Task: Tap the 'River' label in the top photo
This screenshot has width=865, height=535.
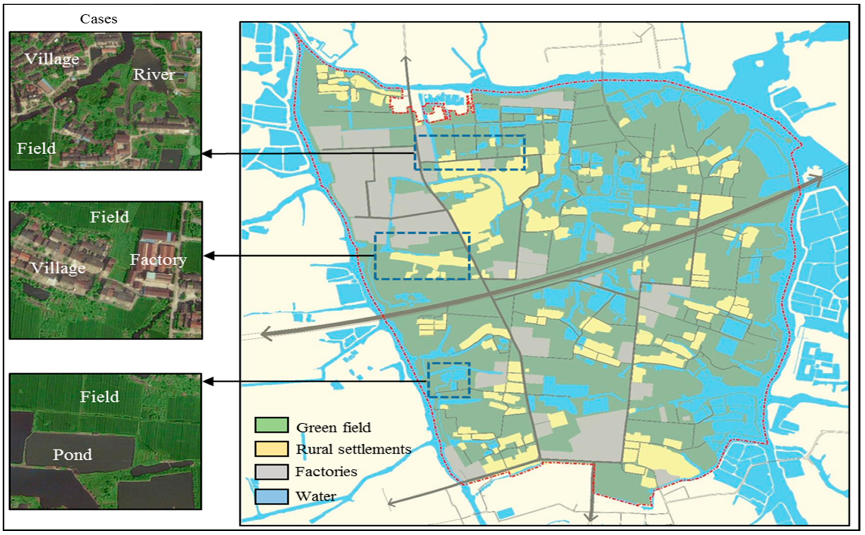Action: click(154, 74)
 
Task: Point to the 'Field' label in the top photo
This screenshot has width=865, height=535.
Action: click(36, 148)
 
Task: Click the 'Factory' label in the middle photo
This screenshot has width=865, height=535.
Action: click(158, 260)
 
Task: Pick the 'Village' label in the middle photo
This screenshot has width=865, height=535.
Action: click(58, 268)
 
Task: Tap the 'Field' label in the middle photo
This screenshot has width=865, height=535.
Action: click(109, 217)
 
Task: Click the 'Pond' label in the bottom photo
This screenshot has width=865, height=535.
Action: click(72, 454)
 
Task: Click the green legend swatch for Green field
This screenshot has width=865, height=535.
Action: click(271, 425)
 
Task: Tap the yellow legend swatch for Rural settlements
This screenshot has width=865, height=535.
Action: click(271, 449)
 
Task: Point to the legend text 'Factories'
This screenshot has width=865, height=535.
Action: click(326, 472)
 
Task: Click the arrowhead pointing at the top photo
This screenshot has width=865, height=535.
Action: click(207, 154)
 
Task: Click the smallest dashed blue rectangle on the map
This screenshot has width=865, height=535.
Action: click(449, 380)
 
